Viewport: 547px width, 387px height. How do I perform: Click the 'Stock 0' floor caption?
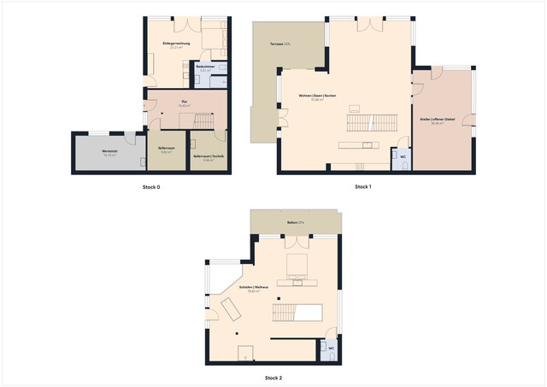151,187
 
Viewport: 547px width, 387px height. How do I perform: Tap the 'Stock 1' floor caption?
363,187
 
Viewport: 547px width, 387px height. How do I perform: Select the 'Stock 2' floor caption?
273,376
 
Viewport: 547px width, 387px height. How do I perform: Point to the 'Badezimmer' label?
204,66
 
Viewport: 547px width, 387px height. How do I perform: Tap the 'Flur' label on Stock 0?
183,101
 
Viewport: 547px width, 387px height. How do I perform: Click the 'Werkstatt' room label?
109,153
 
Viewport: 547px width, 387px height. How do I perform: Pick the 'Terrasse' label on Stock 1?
279,43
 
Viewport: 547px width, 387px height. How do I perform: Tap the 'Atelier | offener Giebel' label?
437,120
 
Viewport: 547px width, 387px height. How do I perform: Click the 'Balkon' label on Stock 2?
295,222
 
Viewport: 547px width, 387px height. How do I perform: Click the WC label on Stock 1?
402,157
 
